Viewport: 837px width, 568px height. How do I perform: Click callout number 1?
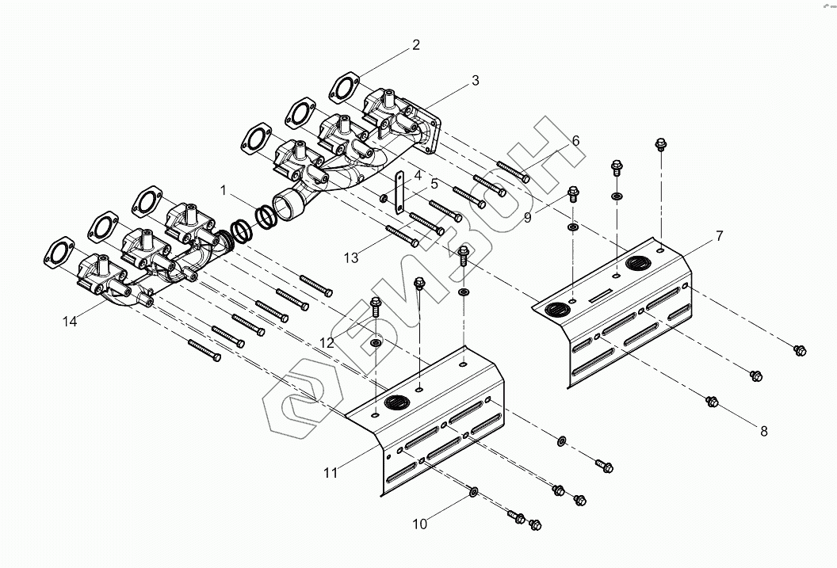pyautogui.click(x=224, y=190)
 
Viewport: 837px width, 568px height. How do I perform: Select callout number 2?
pyautogui.click(x=415, y=45)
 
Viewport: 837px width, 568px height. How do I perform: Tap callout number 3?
pyautogui.click(x=474, y=80)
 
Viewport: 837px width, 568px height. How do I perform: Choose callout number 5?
pyautogui.click(x=434, y=184)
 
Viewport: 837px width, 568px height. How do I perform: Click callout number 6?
pyautogui.click(x=575, y=141)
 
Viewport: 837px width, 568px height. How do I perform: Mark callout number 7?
pyautogui.click(x=719, y=236)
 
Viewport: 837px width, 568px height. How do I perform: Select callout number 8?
pyautogui.click(x=764, y=431)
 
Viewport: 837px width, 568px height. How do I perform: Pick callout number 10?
pyautogui.click(x=419, y=524)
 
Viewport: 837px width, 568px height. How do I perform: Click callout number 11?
pyautogui.click(x=331, y=473)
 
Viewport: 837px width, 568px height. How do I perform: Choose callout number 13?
pyautogui.click(x=351, y=257)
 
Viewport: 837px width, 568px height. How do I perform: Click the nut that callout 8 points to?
pyautogui.click(x=712, y=402)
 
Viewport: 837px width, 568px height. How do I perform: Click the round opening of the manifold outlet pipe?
pyautogui.click(x=285, y=208)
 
